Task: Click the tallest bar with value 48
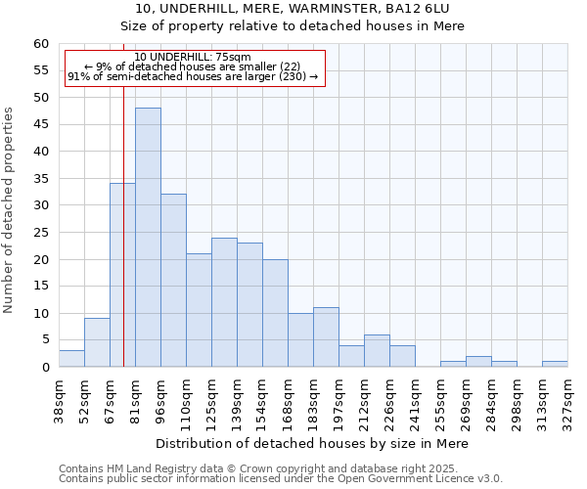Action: [148, 238]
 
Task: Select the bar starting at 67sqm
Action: [122, 275]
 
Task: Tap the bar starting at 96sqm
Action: [173, 281]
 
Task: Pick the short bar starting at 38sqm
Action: [71, 359]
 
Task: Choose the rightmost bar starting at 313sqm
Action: [555, 364]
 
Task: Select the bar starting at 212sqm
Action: [377, 351]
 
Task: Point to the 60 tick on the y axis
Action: [41, 44]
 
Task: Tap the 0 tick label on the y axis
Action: [45, 368]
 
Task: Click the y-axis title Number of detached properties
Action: [10, 210]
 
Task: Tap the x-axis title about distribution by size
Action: [312, 443]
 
